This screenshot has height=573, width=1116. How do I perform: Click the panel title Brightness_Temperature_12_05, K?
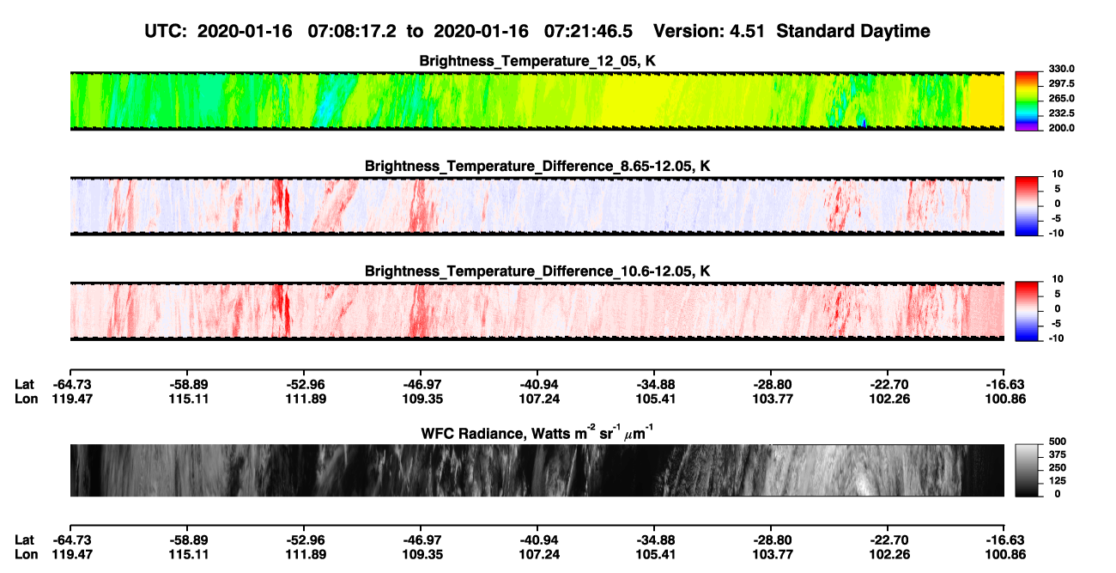pyautogui.click(x=537, y=61)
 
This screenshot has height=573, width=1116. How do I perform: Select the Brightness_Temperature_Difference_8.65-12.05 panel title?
pyautogui.click(x=537, y=166)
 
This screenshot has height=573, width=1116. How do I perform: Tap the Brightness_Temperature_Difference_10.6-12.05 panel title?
pyautogui.click(x=537, y=271)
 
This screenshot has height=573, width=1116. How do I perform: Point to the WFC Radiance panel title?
pyautogui.click(x=537, y=433)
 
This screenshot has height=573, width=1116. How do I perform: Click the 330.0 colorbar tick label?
pyautogui.click(x=1061, y=69)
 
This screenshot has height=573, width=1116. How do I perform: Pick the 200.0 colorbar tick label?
pyautogui.click(x=1061, y=128)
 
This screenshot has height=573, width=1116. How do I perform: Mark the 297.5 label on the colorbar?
pyautogui.click(x=1061, y=84)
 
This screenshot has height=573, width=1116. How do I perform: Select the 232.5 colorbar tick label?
pyautogui.click(x=1061, y=113)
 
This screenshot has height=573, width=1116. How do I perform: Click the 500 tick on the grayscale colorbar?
pyautogui.click(x=1058, y=442)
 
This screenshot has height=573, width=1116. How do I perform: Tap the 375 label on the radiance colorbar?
pyautogui.click(x=1058, y=454)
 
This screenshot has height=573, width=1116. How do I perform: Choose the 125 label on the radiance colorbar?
pyautogui.click(x=1058, y=481)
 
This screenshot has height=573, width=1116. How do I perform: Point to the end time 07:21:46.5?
pyautogui.click(x=588, y=32)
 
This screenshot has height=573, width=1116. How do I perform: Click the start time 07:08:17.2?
pyautogui.click(x=352, y=32)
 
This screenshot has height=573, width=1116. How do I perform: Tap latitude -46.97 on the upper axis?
pyautogui.click(x=422, y=385)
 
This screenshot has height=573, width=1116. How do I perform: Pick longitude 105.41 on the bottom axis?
pyautogui.click(x=655, y=555)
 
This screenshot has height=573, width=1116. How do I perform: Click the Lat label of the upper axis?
pyautogui.click(x=24, y=385)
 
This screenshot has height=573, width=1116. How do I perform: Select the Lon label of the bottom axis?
pyautogui.click(x=26, y=555)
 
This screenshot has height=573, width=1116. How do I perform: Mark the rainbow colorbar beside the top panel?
pyautogui.click(x=1027, y=101)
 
